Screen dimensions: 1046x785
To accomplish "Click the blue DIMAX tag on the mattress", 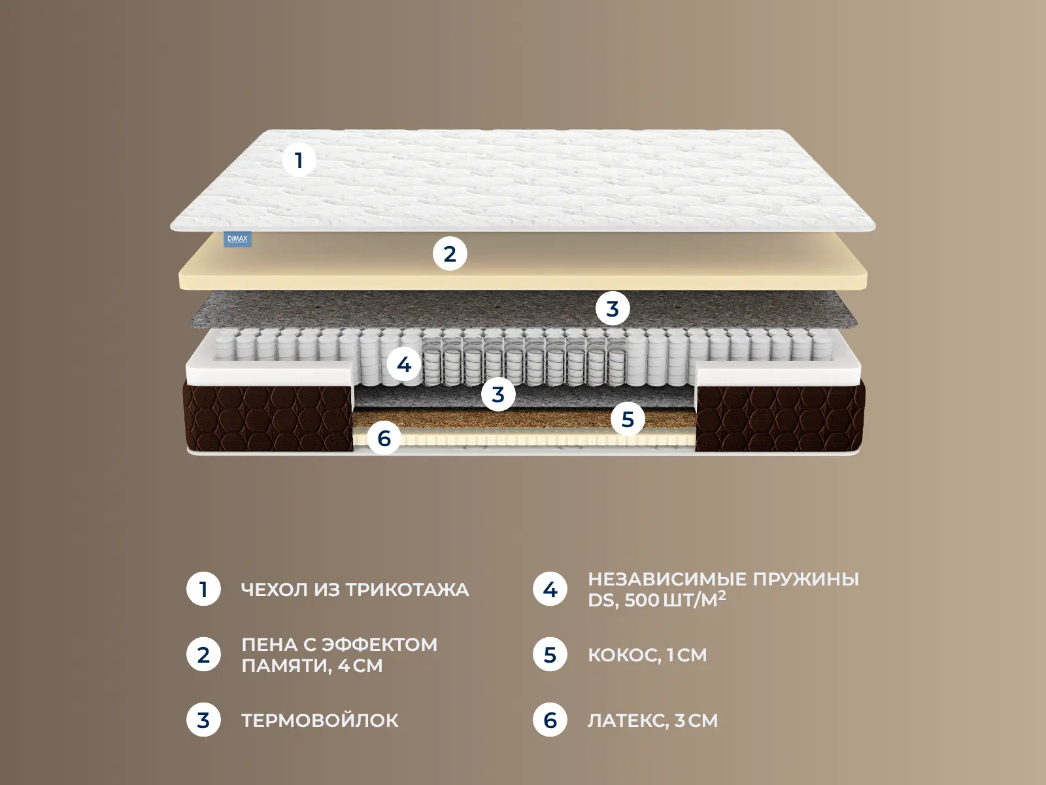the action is (238, 239).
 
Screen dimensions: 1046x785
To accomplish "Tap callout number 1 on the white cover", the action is (299, 160).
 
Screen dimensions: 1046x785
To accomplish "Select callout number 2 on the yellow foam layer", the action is (450, 254).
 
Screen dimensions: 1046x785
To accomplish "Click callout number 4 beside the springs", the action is (404, 365).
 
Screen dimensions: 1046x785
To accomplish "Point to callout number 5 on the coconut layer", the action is (628, 419).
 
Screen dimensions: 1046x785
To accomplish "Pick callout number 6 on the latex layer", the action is (384, 438).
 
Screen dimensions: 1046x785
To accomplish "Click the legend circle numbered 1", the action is (203, 589).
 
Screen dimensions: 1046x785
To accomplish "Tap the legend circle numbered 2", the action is (203, 655).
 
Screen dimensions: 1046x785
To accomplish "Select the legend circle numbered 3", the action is (203, 720).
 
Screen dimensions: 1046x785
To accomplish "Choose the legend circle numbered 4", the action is (550, 589).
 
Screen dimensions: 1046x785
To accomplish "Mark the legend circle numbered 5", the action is (550, 655).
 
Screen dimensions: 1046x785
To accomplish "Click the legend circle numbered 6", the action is (550, 720).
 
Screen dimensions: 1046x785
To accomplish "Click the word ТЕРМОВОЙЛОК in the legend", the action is (320, 720).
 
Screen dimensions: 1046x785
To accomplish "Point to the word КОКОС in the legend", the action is (623, 655).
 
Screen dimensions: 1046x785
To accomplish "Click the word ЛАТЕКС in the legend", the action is (627, 720).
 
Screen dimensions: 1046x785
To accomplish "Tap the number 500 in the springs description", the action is (642, 600).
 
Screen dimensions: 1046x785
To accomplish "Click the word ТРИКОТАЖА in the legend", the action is (407, 589).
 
